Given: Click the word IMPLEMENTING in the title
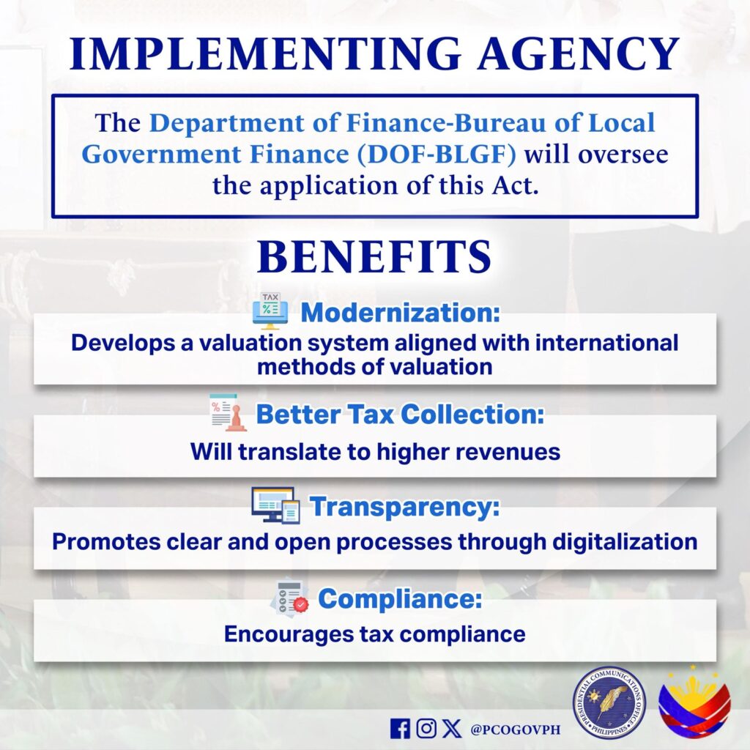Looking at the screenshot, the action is click(x=265, y=53).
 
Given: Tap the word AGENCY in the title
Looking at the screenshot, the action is click(x=579, y=53).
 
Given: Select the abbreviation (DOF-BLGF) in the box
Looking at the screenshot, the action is click(x=437, y=154).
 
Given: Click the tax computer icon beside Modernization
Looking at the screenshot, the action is click(x=270, y=311).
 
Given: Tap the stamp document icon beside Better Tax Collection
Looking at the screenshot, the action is click(x=229, y=412).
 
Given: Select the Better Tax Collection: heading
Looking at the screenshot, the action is click(x=401, y=414).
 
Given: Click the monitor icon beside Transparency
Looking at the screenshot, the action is click(x=276, y=505).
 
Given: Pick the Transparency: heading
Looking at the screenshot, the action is click(x=404, y=507).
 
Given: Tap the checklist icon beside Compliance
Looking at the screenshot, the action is click(x=290, y=597).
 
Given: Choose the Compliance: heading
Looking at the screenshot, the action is click(x=401, y=598).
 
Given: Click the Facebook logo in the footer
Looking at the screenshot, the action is click(x=401, y=729).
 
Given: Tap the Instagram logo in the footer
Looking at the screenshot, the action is click(x=426, y=729).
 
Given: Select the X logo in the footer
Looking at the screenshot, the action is click(x=451, y=729).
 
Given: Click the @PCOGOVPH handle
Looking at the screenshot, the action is click(x=516, y=729).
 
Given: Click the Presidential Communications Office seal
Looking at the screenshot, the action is click(x=609, y=702).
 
